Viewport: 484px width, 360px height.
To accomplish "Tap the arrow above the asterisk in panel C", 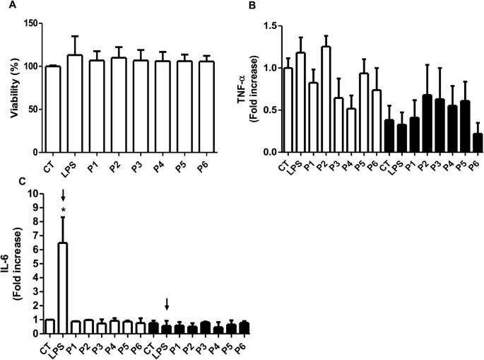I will [63, 196].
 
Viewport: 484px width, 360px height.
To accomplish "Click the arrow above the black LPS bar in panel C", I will [167, 304].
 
